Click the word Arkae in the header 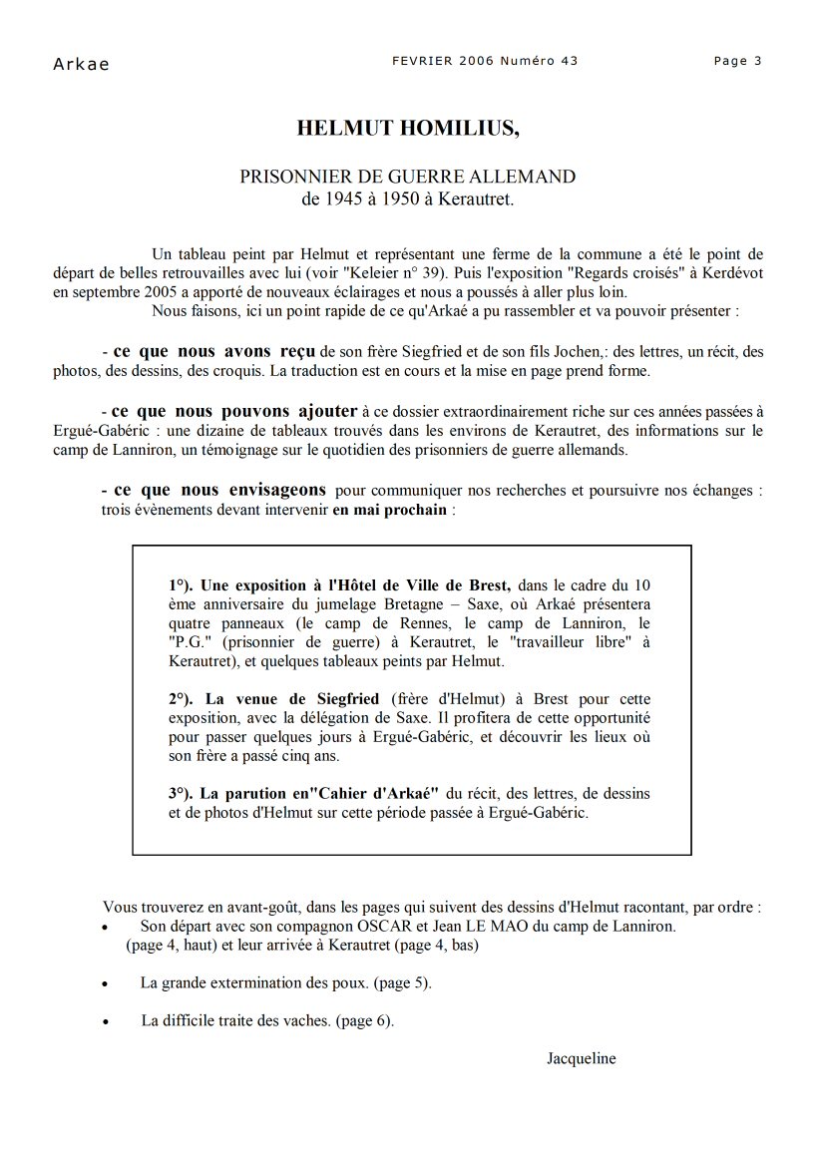[x=81, y=65]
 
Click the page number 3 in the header [x=758, y=61]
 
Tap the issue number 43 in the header [x=570, y=61]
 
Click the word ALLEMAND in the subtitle [x=526, y=177]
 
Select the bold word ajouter [x=325, y=411]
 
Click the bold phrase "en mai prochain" [x=391, y=510]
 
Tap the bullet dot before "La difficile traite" [x=106, y=1022]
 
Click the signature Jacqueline [x=581, y=1058]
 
